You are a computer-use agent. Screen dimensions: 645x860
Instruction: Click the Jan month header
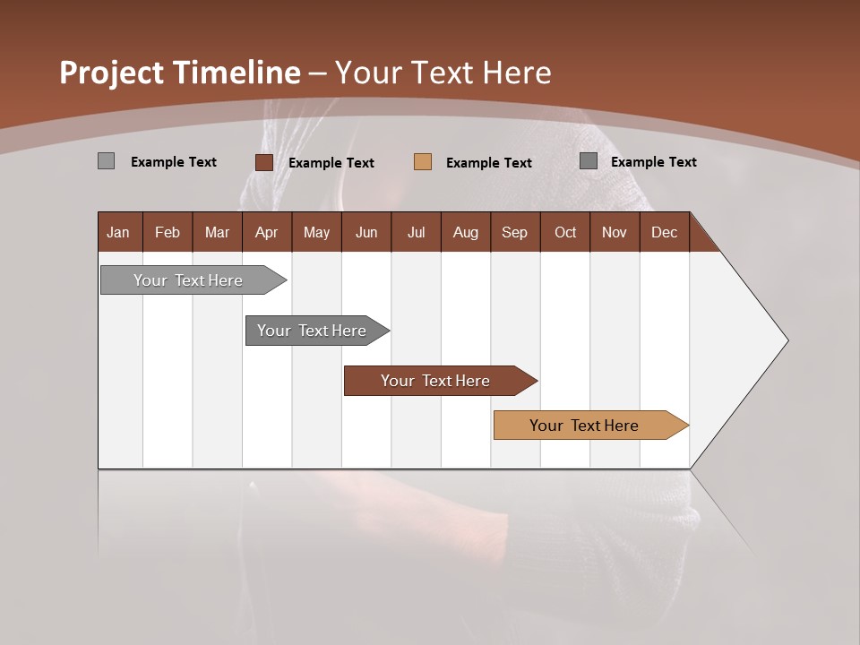click(119, 232)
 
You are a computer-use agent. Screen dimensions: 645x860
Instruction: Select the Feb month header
click(168, 232)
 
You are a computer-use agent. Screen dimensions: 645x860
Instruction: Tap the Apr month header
click(266, 232)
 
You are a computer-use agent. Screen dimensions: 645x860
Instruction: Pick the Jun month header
click(366, 232)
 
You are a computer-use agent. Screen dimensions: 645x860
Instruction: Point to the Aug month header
click(465, 232)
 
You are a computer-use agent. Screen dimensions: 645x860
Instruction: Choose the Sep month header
click(514, 232)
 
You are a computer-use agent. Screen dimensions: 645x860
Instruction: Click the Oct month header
click(565, 232)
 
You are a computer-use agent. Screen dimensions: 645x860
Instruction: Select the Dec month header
click(664, 232)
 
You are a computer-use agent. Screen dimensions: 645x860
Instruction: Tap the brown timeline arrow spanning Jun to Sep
click(436, 381)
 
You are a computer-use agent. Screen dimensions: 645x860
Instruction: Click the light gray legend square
click(106, 161)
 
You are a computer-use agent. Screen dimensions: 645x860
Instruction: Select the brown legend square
click(263, 162)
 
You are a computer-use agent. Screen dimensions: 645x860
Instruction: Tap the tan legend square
click(423, 162)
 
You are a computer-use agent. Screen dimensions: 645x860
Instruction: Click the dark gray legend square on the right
click(589, 161)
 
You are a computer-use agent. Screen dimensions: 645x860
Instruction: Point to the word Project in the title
click(112, 73)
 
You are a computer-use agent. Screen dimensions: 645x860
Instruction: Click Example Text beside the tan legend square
click(488, 163)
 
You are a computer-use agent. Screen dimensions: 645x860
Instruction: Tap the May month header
click(316, 232)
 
